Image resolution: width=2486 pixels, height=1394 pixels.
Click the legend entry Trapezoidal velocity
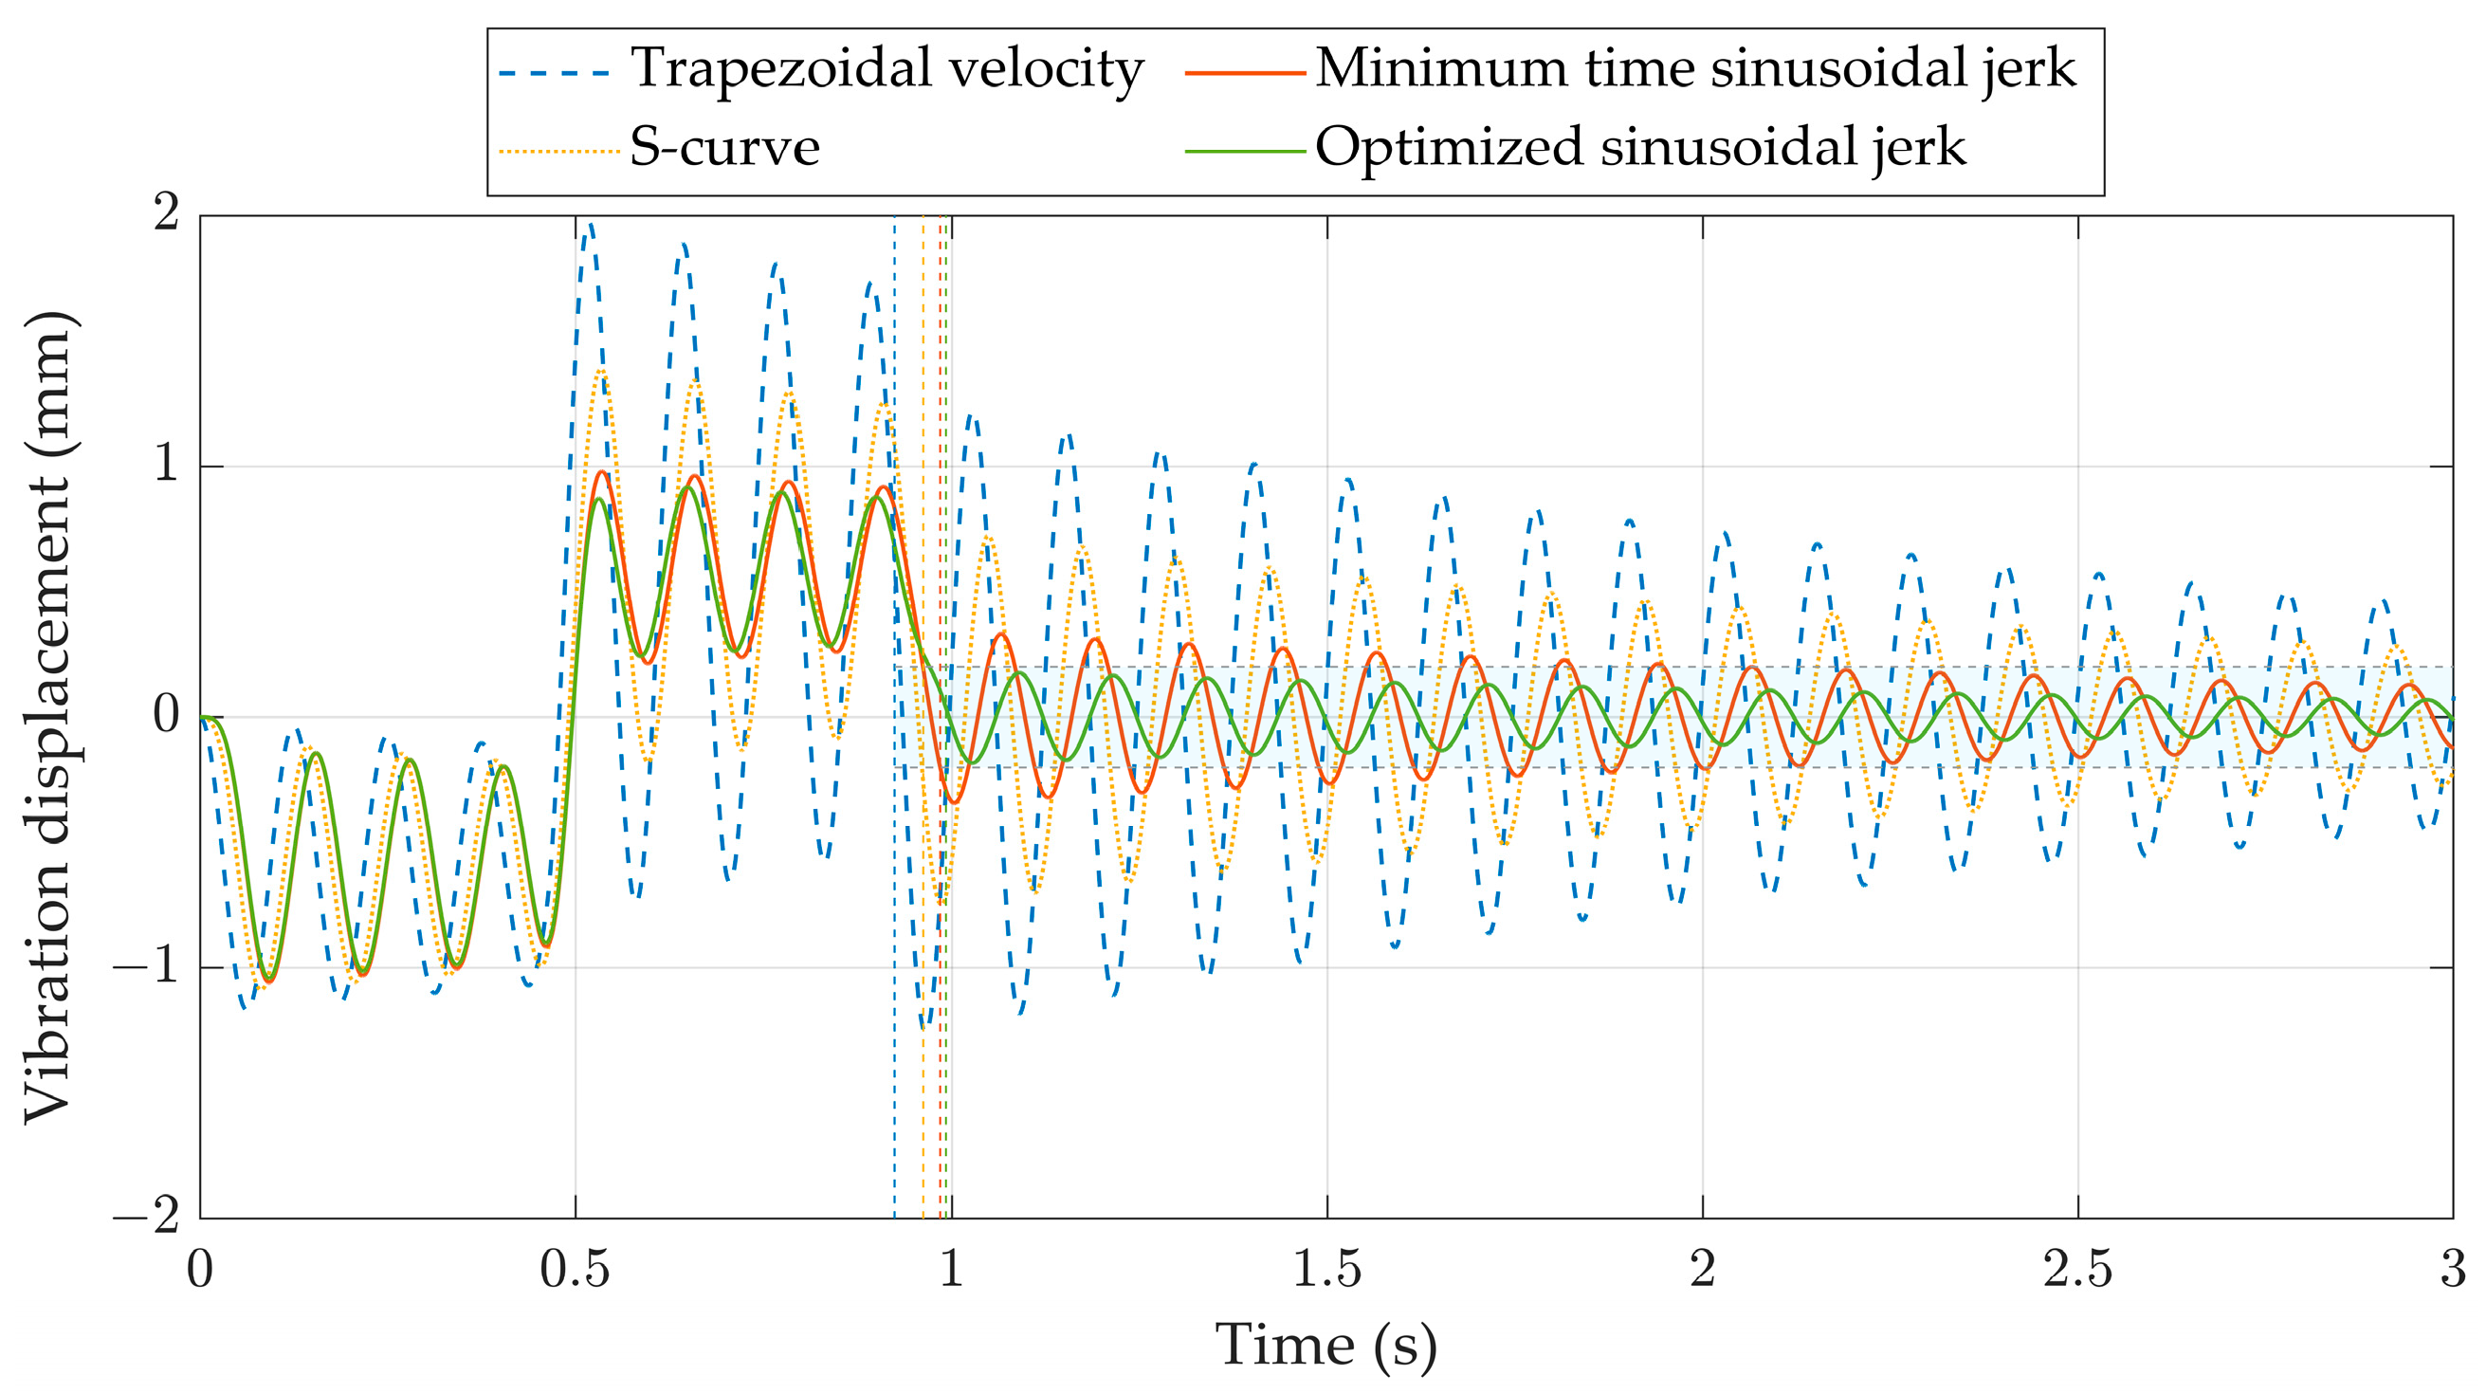886,69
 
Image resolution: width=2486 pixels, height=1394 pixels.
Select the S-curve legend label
723,149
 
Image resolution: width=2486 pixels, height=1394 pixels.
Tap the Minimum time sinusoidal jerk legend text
1695,69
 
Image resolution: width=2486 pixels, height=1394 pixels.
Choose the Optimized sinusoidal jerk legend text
1639,149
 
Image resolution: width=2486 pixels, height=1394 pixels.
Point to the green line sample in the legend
1244,152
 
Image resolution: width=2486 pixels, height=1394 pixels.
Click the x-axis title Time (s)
1325,1344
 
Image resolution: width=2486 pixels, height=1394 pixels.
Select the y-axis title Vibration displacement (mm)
48,716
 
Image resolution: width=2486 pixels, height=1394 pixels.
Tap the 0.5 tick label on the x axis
576,1269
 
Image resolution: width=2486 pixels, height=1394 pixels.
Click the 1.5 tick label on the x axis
1326,1269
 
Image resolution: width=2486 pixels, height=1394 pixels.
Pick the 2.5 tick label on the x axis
2076,1269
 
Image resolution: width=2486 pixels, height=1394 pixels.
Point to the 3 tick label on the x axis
2452,1269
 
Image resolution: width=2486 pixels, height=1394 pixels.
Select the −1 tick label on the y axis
147,966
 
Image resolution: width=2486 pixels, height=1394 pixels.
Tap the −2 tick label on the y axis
147,1217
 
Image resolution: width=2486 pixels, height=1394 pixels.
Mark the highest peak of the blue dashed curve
589,226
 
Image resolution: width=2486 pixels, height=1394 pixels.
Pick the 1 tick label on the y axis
166,466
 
